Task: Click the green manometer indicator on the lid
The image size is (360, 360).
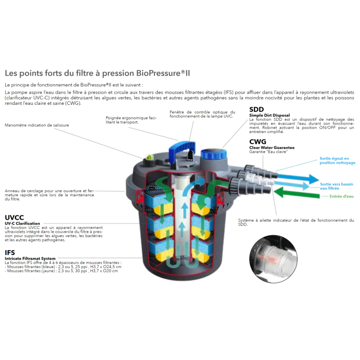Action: click(x=149, y=158)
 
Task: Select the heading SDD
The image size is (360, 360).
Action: click(x=256, y=109)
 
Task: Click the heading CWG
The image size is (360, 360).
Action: click(x=257, y=142)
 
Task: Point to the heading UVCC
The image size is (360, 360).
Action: click(x=14, y=217)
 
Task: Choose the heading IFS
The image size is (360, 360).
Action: click(x=10, y=252)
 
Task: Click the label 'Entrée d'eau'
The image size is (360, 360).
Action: click(x=342, y=196)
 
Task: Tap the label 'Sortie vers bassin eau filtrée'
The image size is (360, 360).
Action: click(x=337, y=186)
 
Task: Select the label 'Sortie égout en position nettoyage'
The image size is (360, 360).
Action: click(x=337, y=161)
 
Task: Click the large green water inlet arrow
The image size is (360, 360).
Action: click(x=297, y=193)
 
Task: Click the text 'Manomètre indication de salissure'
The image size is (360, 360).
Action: click(x=37, y=125)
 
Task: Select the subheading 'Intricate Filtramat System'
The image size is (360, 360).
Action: click(x=30, y=258)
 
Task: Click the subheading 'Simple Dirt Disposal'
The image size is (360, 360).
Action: click(x=270, y=115)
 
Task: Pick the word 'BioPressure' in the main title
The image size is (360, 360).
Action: click(x=158, y=73)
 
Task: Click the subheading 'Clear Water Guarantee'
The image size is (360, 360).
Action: click(x=272, y=148)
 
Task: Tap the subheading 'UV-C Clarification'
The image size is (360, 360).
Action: click(x=22, y=223)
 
